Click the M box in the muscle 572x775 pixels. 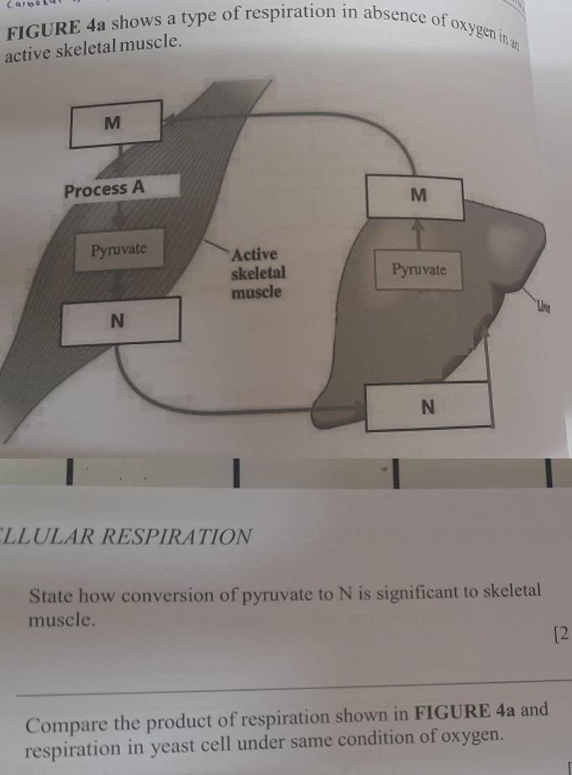(x=116, y=123)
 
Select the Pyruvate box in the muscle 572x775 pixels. (x=118, y=249)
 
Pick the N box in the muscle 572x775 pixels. (x=119, y=320)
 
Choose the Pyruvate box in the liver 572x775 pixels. (x=418, y=270)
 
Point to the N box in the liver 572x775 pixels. (x=428, y=406)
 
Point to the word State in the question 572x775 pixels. (x=50, y=598)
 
